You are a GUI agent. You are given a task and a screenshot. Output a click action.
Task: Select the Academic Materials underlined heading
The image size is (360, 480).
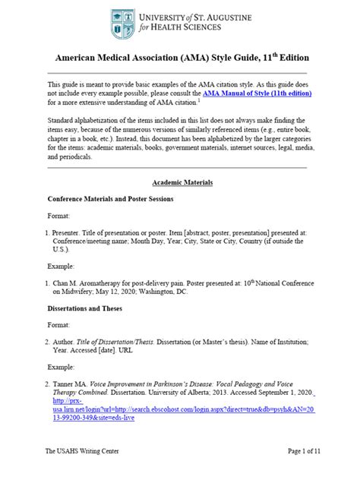click(182, 183)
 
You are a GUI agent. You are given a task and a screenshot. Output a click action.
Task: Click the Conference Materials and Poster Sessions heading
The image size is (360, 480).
click(111, 199)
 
